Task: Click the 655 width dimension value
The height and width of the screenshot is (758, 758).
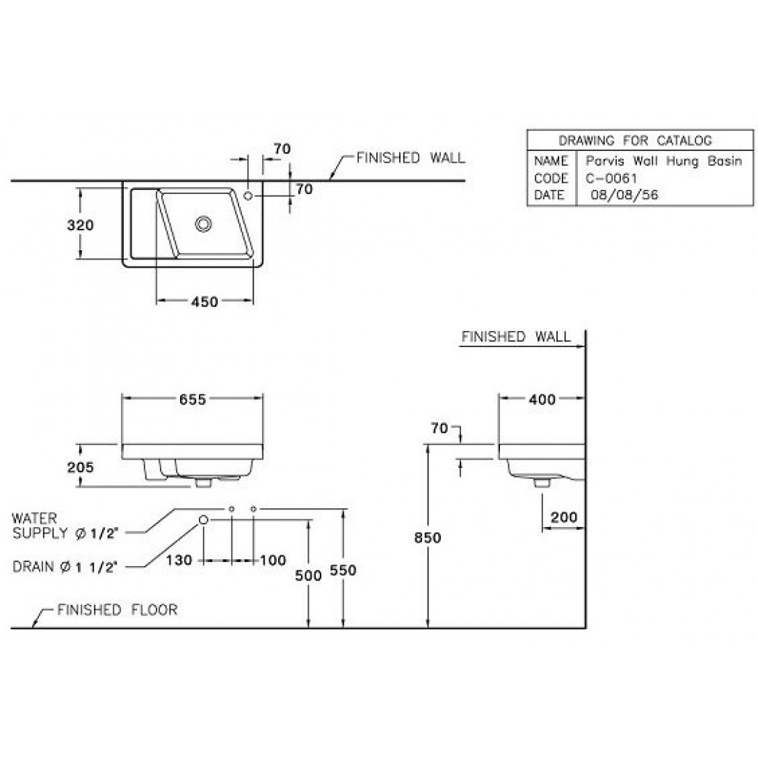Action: (x=193, y=399)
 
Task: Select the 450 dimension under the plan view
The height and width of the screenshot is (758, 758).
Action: (x=204, y=302)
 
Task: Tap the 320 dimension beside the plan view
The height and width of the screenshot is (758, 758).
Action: (x=80, y=225)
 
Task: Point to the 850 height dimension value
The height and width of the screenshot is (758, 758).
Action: (x=428, y=538)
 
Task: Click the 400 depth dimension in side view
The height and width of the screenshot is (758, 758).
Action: (x=542, y=399)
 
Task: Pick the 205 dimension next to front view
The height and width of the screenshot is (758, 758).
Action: (x=80, y=467)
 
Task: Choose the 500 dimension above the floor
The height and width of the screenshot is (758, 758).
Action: (x=309, y=575)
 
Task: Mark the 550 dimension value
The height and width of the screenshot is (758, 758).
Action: (x=344, y=570)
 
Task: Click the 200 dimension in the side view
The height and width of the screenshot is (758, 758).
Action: (x=564, y=517)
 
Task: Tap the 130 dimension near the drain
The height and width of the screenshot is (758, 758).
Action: (x=179, y=561)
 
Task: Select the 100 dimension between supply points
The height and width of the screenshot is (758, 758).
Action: (x=273, y=561)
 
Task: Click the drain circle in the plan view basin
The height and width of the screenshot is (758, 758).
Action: (x=204, y=223)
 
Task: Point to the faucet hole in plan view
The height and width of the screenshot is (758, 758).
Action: (x=248, y=196)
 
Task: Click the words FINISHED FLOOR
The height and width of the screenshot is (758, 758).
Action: (x=118, y=610)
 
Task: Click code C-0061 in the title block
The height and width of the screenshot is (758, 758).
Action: (x=611, y=179)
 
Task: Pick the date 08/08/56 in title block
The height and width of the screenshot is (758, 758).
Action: (x=624, y=195)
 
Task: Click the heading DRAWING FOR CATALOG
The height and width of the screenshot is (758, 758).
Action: (x=635, y=140)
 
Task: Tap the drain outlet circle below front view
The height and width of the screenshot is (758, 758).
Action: (x=204, y=519)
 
